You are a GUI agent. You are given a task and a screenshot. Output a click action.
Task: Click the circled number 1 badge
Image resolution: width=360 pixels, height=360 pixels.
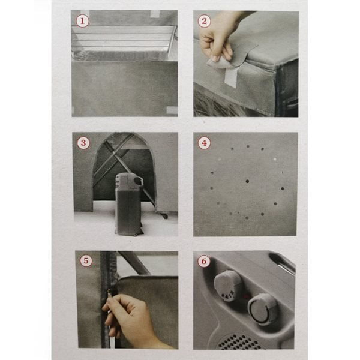click(x=82, y=21)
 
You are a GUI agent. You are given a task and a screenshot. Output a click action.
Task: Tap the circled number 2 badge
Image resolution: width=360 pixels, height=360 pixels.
click(x=204, y=21)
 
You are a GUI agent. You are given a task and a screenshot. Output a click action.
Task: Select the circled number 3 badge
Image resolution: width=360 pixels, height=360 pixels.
click(x=83, y=143)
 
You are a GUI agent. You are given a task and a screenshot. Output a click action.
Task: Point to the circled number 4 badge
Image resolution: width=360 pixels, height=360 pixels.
click(x=204, y=143)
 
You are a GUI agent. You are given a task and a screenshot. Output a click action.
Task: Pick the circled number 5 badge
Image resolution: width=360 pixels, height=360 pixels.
click(x=86, y=260)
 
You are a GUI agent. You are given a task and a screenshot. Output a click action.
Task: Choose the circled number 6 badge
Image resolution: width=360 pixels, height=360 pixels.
click(x=204, y=261)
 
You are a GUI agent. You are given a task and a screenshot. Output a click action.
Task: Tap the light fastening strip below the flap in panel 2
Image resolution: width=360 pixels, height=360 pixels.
click(x=231, y=77)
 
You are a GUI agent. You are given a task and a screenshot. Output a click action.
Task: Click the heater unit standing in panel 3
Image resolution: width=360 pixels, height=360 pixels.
click(x=128, y=204)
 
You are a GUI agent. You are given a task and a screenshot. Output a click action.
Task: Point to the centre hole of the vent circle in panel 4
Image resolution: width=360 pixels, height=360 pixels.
click(x=247, y=181)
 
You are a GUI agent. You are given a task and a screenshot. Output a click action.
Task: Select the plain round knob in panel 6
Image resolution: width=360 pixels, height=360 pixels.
click(x=262, y=309)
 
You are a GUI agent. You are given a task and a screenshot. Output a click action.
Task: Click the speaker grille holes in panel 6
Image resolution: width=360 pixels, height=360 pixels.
click(x=239, y=342)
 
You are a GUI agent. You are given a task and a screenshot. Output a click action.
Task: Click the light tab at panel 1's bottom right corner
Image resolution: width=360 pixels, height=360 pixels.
click(x=172, y=110)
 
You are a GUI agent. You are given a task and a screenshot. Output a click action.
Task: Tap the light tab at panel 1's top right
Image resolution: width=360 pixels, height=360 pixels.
click(x=155, y=14)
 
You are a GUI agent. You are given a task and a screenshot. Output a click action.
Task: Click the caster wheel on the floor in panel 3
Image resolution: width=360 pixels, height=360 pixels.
click(x=164, y=216)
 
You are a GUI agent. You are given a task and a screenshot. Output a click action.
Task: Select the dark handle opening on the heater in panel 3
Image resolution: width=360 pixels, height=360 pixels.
click(x=138, y=181)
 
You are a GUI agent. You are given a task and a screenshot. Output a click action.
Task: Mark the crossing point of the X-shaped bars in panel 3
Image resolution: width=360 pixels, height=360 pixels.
click(x=114, y=151)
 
